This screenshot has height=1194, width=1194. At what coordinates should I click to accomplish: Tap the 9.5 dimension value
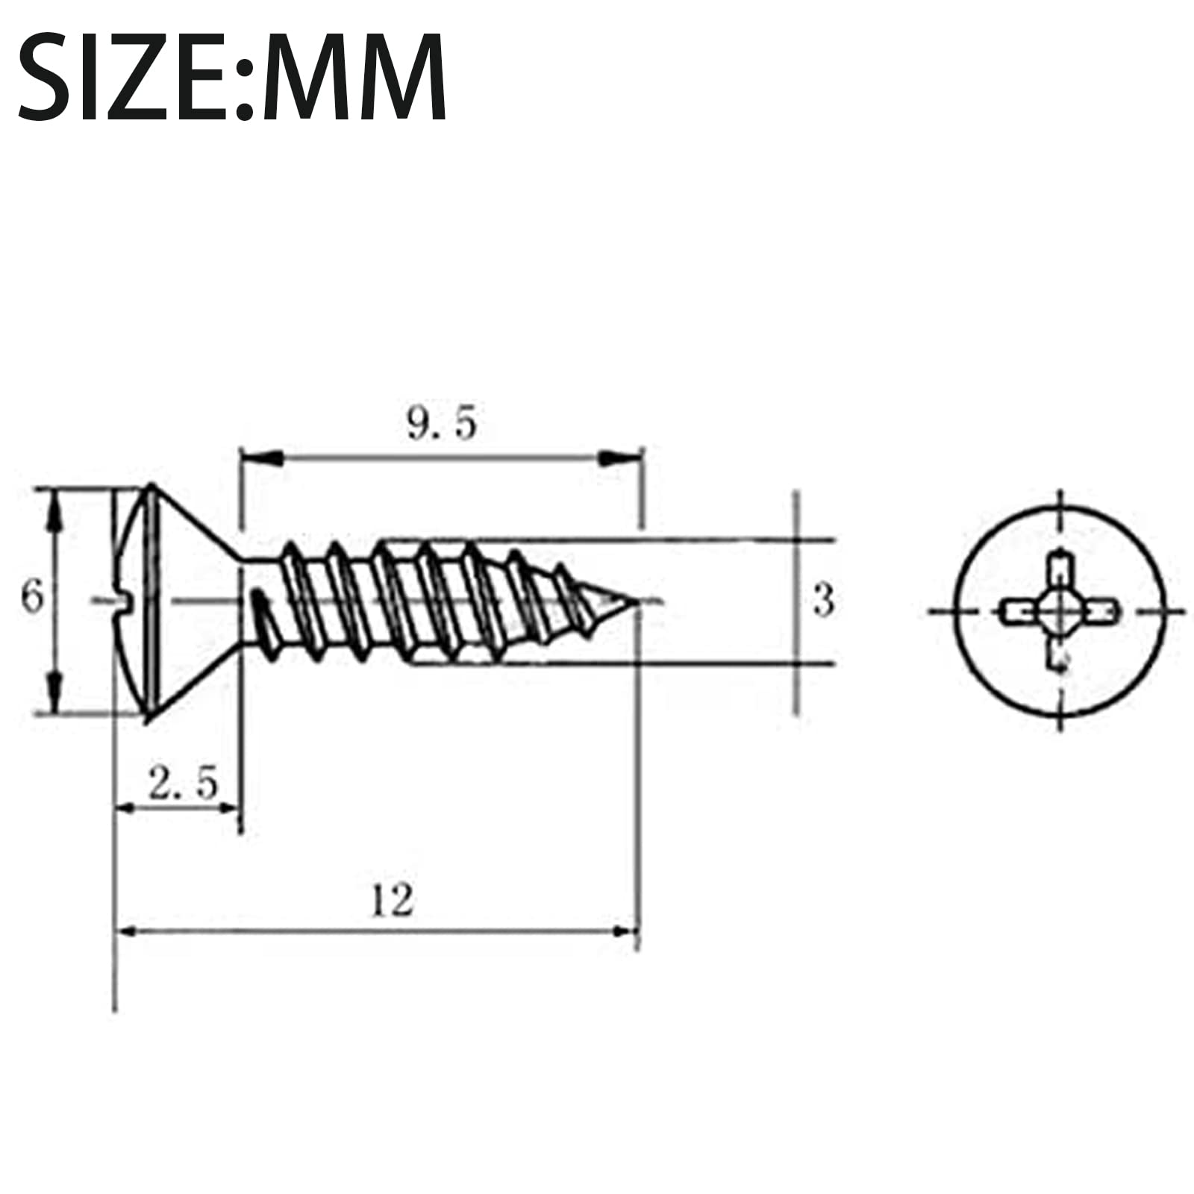point(441,424)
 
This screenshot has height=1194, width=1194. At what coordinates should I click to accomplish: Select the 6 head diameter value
point(31,598)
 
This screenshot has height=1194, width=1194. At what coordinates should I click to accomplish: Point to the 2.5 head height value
point(183,784)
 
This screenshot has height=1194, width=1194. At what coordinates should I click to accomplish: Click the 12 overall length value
point(392,900)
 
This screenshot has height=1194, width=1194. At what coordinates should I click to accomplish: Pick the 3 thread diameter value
point(823,600)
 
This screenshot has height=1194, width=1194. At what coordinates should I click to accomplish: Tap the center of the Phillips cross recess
point(1060,612)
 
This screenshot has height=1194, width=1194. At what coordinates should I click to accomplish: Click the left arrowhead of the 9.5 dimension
point(261,457)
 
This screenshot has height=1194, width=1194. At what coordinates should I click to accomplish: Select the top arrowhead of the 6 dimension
point(54,507)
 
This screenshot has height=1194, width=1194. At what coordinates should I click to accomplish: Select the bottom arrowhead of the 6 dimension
point(54,694)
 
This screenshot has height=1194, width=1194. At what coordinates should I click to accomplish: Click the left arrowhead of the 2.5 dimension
point(131,809)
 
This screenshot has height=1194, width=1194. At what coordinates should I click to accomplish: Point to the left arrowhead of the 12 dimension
point(128,931)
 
